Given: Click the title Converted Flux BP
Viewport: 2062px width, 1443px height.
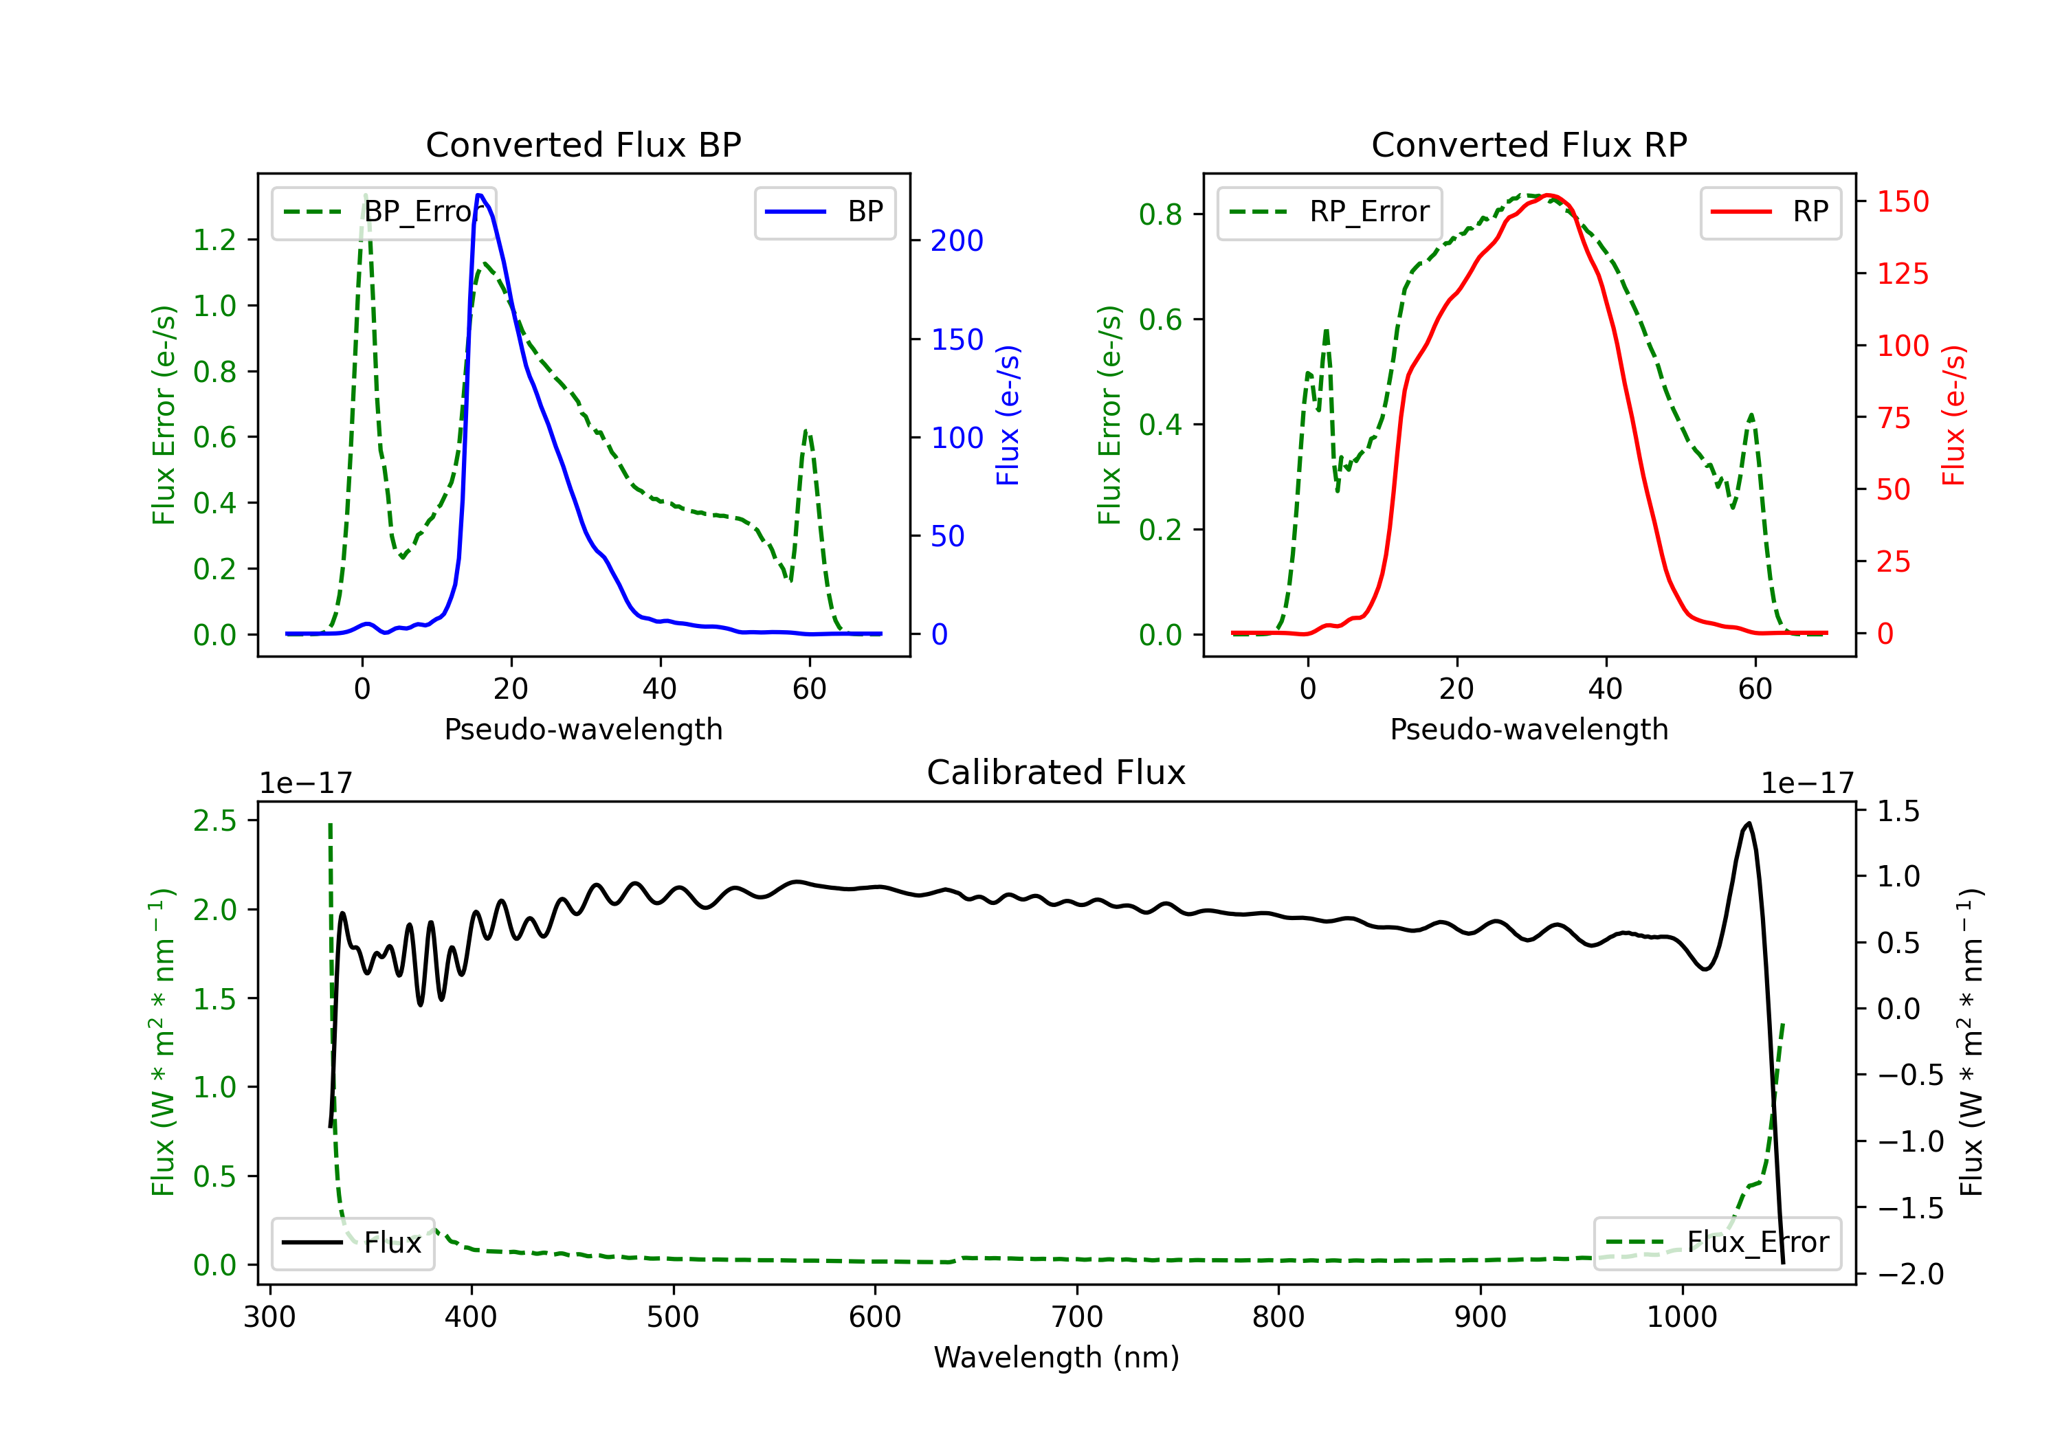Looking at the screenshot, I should point(583,144).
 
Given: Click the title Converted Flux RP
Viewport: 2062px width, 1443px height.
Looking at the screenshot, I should point(1529,144).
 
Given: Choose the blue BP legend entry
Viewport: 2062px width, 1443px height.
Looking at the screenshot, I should point(824,212).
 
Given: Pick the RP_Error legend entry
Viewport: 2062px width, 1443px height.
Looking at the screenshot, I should point(1330,212).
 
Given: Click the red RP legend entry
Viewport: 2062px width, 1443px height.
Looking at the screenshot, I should point(1770,212).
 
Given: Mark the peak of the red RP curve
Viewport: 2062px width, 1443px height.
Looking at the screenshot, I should point(1549,195).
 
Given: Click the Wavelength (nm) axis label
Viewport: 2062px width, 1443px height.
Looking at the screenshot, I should point(1056,1357).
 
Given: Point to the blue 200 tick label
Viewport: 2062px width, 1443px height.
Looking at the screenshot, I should point(957,240).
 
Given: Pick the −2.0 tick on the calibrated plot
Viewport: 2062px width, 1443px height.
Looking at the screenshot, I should point(1910,1273).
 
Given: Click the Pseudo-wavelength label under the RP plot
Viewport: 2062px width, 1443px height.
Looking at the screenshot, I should point(1529,729).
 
